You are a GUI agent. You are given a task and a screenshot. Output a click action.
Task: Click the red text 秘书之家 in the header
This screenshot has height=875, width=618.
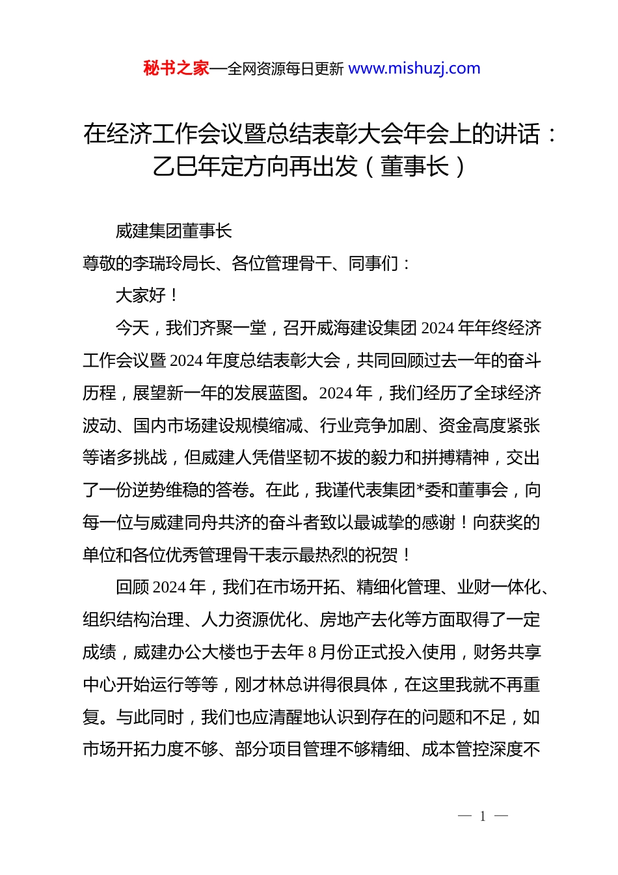click(x=176, y=68)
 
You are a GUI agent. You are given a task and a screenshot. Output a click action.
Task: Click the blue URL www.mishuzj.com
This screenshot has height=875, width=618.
click(x=414, y=68)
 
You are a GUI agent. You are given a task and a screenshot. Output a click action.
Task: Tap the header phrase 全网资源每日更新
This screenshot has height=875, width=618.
click(x=286, y=69)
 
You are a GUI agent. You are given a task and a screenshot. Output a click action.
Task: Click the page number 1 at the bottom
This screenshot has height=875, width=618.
click(x=483, y=816)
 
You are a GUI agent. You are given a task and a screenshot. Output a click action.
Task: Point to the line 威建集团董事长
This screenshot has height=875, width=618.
click(x=174, y=231)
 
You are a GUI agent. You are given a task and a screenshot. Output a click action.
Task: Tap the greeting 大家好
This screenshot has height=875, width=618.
click(x=140, y=296)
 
